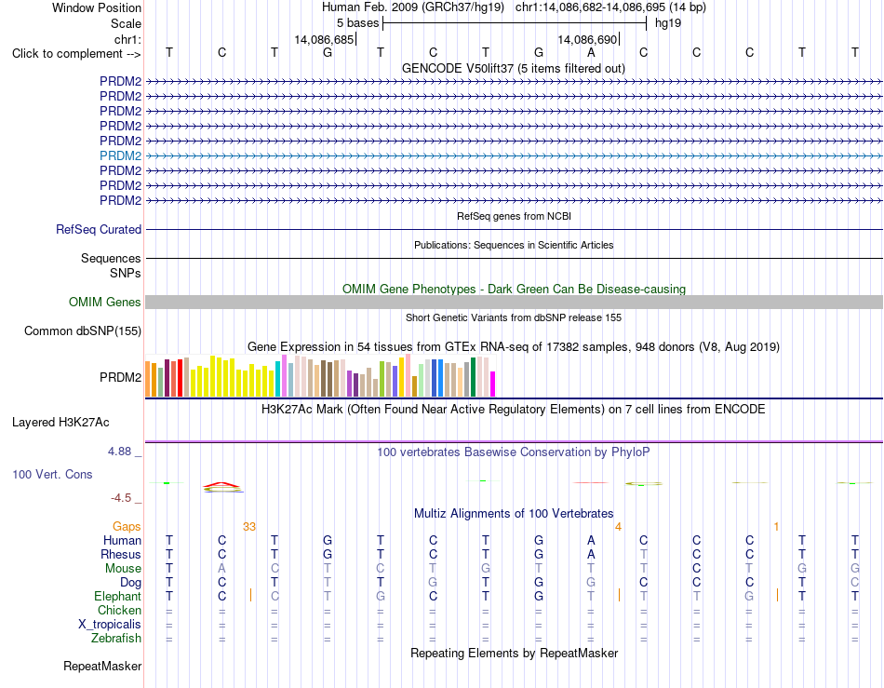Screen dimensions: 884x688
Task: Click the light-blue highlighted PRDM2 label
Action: coord(121,155)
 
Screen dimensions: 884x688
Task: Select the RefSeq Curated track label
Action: coord(99,230)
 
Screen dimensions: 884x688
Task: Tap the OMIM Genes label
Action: coord(105,303)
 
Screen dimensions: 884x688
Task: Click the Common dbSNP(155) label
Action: coord(83,331)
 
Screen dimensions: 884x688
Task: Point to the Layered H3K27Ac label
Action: coord(60,423)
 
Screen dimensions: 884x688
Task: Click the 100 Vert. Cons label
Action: coord(52,474)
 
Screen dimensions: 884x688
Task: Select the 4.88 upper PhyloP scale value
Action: coord(119,452)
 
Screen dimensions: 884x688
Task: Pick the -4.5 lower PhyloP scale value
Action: coord(121,498)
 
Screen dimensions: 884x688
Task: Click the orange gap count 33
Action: coord(249,527)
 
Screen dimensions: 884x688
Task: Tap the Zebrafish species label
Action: coord(116,639)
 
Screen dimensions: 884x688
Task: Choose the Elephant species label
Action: coord(118,597)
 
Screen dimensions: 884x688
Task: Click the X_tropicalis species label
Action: coord(110,625)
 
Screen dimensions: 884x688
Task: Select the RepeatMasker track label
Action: coord(102,667)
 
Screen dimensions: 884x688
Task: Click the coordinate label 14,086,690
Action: coord(588,39)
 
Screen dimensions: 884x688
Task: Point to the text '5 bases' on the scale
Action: coord(358,23)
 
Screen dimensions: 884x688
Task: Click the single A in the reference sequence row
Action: coord(591,53)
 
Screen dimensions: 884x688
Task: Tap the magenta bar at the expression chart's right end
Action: coord(493,384)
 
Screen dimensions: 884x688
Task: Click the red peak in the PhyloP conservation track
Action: coord(222,484)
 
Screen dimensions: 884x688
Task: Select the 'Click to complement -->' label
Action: coord(76,54)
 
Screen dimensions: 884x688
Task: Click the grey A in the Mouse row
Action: coord(222,569)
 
